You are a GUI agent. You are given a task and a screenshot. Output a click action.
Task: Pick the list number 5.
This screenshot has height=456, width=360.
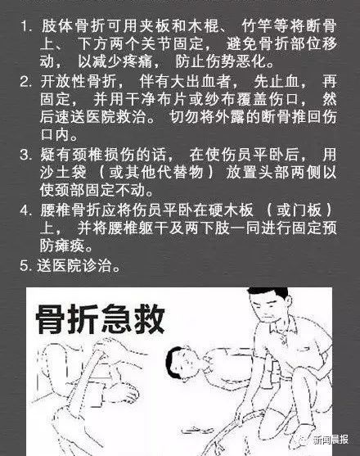(x=25, y=265)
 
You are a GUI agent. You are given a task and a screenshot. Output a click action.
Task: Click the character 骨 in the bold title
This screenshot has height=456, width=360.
(x=50, y=318)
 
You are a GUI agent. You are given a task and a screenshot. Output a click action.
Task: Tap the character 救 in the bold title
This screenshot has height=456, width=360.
(x=150, y=318)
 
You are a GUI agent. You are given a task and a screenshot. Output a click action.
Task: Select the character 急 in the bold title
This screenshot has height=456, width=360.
(x=116, y=318)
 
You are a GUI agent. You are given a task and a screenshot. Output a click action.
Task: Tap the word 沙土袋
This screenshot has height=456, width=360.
(x=63, y=173)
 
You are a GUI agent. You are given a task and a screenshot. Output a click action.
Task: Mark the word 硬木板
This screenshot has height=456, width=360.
(x=231, y=210)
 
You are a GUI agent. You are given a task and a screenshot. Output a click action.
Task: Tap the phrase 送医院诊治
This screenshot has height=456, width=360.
(x=74, y=265)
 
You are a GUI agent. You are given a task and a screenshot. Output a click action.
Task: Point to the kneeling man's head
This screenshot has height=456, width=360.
(x=270, y=302)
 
